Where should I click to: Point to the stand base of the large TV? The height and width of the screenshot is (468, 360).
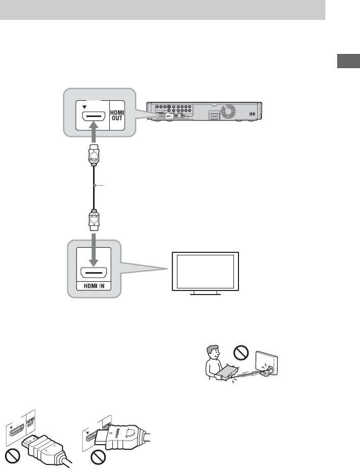point(204,294)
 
